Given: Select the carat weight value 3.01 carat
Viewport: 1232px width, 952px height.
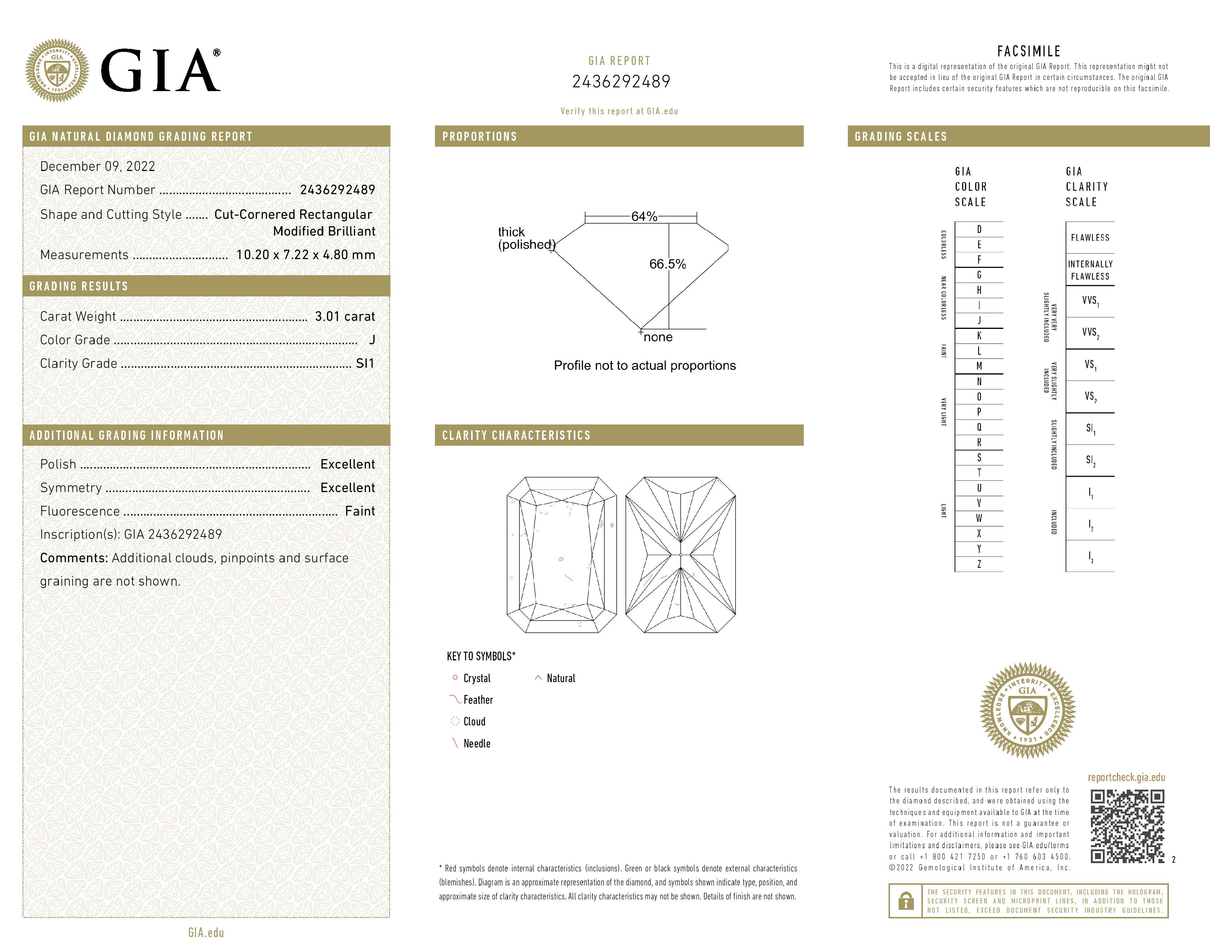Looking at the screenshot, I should click(345, 316).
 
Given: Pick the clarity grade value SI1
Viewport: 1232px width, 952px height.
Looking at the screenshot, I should click(365, 364).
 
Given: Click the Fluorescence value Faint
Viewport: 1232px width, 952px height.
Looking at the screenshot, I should click(360, 511).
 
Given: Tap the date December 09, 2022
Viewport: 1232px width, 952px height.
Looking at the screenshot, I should click(97, 167).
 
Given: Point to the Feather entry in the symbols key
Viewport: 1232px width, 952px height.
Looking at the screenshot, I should click(478, 700).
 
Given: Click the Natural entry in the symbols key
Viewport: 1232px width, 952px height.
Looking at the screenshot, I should click(560, 678).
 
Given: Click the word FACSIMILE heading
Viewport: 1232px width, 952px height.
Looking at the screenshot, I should click(1029, 51).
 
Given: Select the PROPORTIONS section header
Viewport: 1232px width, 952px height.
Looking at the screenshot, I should click(479, 137).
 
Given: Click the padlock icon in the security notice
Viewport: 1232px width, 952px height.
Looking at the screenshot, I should click(906, 901).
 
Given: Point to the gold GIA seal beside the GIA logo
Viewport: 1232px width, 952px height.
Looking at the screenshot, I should click(57, 71).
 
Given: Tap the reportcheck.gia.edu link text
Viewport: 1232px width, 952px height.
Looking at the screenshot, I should click(1126, 778).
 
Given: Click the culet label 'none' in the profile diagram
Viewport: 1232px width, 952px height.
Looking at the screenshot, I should click(658, 337).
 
